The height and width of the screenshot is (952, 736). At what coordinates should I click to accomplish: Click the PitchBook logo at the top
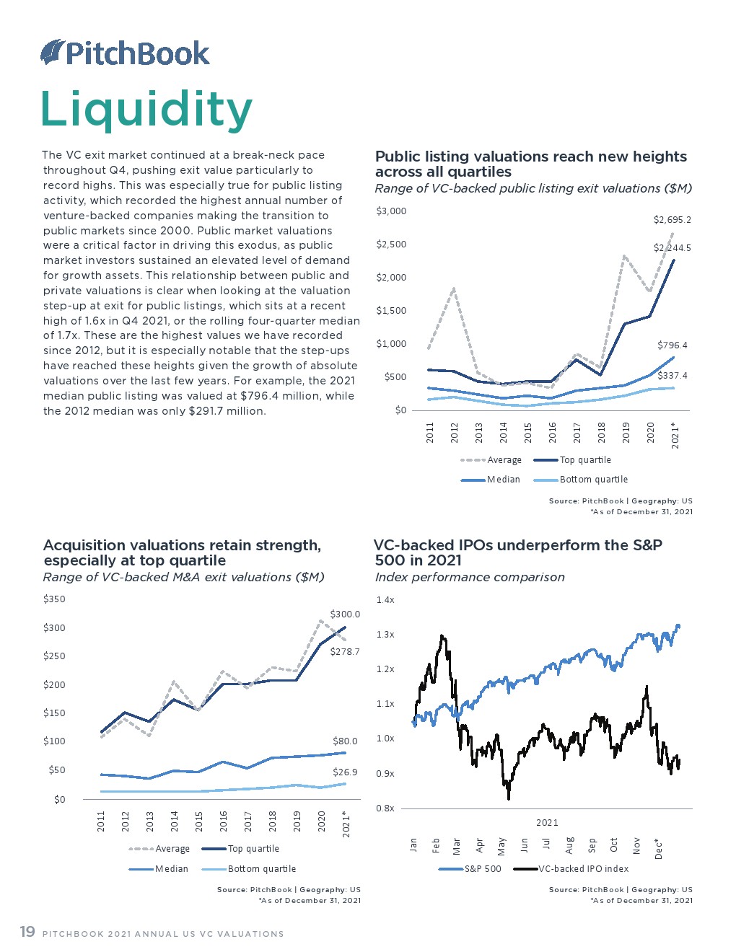pyautogui.click(x=125, y=53)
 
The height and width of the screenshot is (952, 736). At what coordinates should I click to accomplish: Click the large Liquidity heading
pyautogui.click(x=146, y=110)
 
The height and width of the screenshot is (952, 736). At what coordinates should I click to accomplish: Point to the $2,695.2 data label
pyautogui.click(x=672, y=219)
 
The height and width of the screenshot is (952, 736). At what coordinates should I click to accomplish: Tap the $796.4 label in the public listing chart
pyautogui.click(x=672, y=345)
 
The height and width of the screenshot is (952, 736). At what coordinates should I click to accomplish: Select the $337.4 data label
pyautogui.click(x=672, y=375)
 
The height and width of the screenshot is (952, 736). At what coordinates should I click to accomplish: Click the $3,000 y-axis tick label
pyautogui.click(x=391, y=211)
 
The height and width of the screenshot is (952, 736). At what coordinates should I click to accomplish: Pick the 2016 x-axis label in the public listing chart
pyautogui.click(x=553, y=433)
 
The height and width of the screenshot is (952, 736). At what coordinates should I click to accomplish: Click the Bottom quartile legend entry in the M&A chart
pyautogui.click(x=261, y=869)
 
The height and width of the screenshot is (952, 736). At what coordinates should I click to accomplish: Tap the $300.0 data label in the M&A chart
pyautogui.click(x=345, y=614)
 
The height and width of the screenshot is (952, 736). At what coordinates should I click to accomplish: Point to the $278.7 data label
pyautogui.click(x=345, y=651)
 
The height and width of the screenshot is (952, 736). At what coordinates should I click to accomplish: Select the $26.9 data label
pyautogui.click(x=345, y=772)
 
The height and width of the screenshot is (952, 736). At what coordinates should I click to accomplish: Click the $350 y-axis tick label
pyautogui.click(x=54, y=599)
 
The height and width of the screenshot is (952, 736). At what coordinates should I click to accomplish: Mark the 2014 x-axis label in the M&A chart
pyautogui.click(x=175, y=821)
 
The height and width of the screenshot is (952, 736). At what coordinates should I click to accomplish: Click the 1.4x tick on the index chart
pyautogui.click(x=385, y=599)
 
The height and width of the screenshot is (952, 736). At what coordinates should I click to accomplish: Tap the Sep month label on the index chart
pyautogui.click(x=592, y=845)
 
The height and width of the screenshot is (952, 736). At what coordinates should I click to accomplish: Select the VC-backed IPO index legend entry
pyautogui.click(x=583, y=869)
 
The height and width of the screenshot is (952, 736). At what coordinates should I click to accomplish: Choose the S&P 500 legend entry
pyautogui.click(x=482, y=869)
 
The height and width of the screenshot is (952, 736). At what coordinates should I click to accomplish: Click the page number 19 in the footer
pyautogui.click(x=27, y=932)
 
